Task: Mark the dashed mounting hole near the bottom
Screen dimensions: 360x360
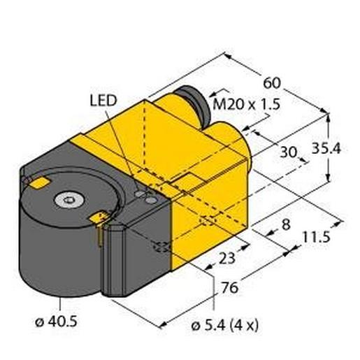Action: click(x=161, y=247)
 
